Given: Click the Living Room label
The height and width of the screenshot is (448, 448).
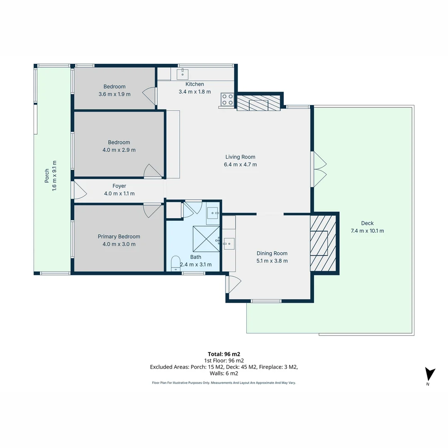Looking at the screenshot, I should click(x=240, y=157).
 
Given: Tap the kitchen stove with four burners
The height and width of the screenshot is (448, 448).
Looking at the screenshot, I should click(x=227, y=100).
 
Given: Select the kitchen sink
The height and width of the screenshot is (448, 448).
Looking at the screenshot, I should click(x=183, y=74).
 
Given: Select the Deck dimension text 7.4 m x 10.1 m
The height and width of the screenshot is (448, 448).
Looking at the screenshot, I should click(x=367, y=231).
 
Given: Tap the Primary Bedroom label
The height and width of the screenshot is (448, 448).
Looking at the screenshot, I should click(x=119, y=236).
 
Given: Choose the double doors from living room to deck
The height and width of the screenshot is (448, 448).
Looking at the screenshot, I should click(x=319, y=169).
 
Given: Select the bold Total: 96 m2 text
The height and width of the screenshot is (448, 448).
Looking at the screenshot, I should click(x=224, y=354).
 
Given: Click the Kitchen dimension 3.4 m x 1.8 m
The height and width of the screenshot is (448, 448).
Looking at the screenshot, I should click(x=195, y=92).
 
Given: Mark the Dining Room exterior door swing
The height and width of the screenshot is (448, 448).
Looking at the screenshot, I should click(x=234, y=285).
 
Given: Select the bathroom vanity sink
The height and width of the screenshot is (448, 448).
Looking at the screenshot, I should click(x=213, y=214).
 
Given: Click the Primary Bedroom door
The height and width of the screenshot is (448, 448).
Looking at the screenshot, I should click(x=153, y=211).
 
